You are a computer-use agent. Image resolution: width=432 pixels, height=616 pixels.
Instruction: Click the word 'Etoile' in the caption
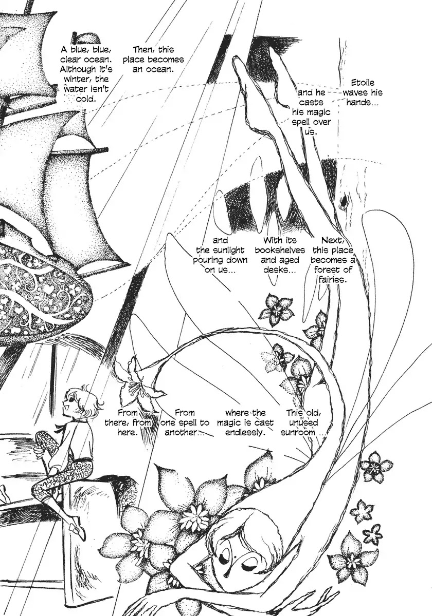coord(363,83)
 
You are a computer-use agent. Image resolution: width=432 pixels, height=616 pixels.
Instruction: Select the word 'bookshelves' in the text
coord(280,250)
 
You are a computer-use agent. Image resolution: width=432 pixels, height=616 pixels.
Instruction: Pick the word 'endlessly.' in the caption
coord(245,432)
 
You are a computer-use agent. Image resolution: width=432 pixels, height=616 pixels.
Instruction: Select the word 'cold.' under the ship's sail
coord(86,99)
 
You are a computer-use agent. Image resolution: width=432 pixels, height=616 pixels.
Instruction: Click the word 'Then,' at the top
coord(144,50)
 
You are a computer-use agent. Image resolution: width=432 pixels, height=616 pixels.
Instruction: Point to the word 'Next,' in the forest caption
coord(333,240)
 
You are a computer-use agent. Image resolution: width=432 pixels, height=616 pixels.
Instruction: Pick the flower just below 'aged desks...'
coord(276,310)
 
